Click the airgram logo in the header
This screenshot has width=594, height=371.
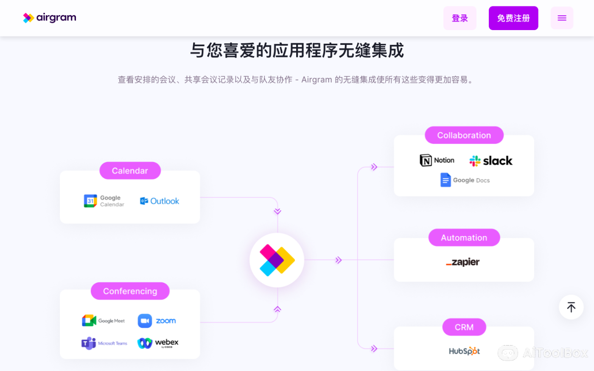50,18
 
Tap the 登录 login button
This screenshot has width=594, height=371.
460,18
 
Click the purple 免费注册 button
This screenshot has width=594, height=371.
513,18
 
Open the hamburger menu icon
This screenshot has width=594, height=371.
562,18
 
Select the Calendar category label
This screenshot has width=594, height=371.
130,171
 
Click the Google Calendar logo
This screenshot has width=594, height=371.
104,201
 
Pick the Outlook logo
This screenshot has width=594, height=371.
160,201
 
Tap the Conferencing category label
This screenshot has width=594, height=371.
130,291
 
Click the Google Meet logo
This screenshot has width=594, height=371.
104,321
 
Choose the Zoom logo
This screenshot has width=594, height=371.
157,321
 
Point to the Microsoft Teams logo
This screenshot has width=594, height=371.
104,343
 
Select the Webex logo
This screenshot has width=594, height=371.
158,343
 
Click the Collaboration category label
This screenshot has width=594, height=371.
464,135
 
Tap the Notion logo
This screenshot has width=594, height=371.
437,160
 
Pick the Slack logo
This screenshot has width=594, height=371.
491,161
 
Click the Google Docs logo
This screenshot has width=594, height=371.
465,180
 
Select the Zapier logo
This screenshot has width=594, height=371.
463,262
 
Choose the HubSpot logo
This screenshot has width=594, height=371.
464,351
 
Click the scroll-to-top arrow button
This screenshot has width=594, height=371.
571,307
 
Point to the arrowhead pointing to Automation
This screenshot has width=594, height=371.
338,260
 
